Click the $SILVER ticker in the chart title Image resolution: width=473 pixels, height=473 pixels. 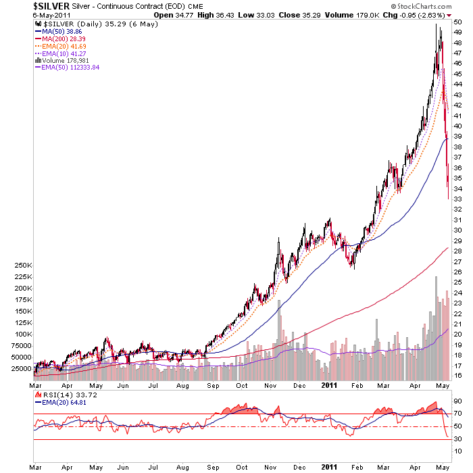click(51, 6)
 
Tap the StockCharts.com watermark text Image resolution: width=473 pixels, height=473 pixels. click(421, 6)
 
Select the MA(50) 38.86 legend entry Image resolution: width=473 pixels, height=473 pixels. click(59, 32)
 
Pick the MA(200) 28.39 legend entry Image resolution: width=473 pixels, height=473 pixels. click(60, 39)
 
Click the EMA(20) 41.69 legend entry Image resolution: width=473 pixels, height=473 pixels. click(60, 47)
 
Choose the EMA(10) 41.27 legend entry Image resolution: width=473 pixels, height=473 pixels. click(60, 53)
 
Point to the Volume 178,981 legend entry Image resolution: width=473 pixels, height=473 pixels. click(62, 61)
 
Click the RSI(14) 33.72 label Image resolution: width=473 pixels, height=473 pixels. click(66, 395)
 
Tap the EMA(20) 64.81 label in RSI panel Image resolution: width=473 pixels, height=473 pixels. click(61, 403)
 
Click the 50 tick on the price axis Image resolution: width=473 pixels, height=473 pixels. click(457, 22)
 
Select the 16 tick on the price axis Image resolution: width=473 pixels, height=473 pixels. click(457, 376)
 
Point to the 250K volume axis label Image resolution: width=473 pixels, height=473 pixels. click(23, 266)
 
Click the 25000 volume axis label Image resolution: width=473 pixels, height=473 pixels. click(22, 369)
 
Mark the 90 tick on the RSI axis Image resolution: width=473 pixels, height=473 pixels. click(457, 401)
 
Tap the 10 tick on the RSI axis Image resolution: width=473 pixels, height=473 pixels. click(457, 451)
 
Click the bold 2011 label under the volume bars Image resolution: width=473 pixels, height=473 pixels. click(329, 385)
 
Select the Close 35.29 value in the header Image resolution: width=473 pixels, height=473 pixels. click(299, 15)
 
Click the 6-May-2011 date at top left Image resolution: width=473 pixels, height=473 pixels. click(51, 15)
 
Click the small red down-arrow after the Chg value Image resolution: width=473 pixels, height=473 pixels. click(449, 16)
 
